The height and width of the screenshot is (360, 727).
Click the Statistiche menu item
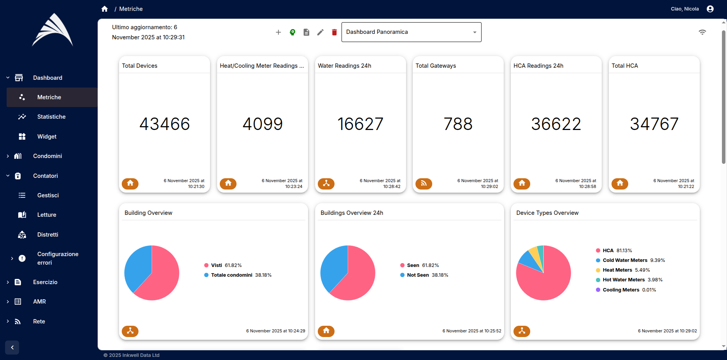[x=51, y=117]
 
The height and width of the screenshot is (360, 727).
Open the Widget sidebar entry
[x=47, y=137]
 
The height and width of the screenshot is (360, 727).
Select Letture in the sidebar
[x=47, y=215]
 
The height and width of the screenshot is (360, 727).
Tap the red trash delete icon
[x=334, y=32]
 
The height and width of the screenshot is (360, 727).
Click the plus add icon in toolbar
[x=278, y=32]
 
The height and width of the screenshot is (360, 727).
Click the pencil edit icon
[x=320, y=32]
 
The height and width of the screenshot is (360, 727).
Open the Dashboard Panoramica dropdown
[x=411, y=32]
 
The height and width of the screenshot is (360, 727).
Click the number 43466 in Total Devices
[x=165, y=124]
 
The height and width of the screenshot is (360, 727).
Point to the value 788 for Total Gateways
[x=458, y=124]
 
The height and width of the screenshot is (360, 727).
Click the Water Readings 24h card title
[x=344, y=66]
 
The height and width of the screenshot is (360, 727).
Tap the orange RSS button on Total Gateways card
[x=424, y=183]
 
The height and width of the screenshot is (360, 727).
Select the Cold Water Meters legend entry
[x=625, y=260]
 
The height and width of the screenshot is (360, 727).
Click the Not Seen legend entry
[x=418, y=275]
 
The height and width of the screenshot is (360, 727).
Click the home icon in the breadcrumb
[x=104, y=9]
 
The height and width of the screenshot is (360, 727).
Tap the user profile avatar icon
[x=710, y=9]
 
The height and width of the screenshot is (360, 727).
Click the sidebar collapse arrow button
[x=12, y=348]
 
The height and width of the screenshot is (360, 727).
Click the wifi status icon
[x=702, y=32]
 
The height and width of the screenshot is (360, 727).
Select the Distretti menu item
[x=47, y=235]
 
